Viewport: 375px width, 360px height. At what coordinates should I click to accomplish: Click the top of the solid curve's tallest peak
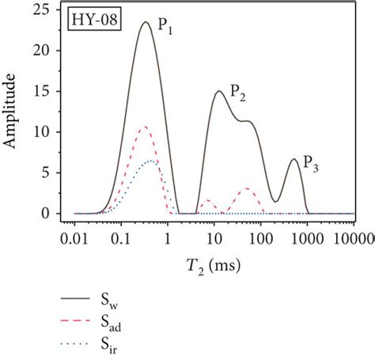click(x=146, y=22)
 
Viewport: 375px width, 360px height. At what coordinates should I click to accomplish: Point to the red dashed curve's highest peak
click(x=143, y=127)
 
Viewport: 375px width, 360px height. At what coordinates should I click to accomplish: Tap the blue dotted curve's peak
click(x=152, y=161)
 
